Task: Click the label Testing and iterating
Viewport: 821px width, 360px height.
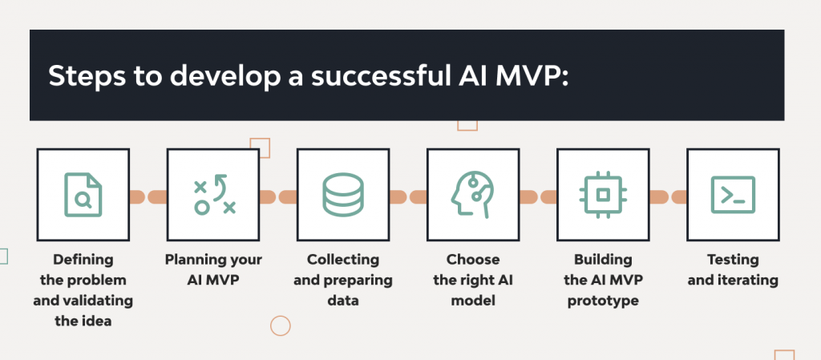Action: coord(733,270)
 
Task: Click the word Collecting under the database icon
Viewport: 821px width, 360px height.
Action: coord(343,260)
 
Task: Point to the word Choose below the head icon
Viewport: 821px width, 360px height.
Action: coord(473,260)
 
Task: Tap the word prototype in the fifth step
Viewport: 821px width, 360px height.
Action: coord(603,301)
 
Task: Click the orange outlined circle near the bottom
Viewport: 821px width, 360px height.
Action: coord(280,326)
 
